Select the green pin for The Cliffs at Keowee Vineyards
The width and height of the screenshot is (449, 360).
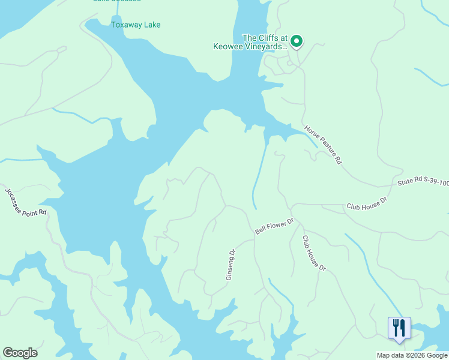tap(296, 41)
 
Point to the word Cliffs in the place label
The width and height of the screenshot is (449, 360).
tap(267, 37)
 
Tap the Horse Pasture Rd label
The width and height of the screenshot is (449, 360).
tap(323, 145)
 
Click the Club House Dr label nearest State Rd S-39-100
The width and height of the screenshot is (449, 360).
tap(366, 203)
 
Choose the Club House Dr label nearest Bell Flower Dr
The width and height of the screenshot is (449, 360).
tap(313, 252)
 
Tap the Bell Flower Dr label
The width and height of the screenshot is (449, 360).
tap(274, 226)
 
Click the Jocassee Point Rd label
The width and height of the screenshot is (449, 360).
tap(25, 202)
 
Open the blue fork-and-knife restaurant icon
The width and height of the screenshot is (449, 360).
tap(399, 328)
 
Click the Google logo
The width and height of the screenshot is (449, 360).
tap(20, 353)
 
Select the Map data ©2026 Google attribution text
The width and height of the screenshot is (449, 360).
tap(412, 355)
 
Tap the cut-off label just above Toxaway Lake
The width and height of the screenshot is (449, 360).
tap(117, 1)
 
